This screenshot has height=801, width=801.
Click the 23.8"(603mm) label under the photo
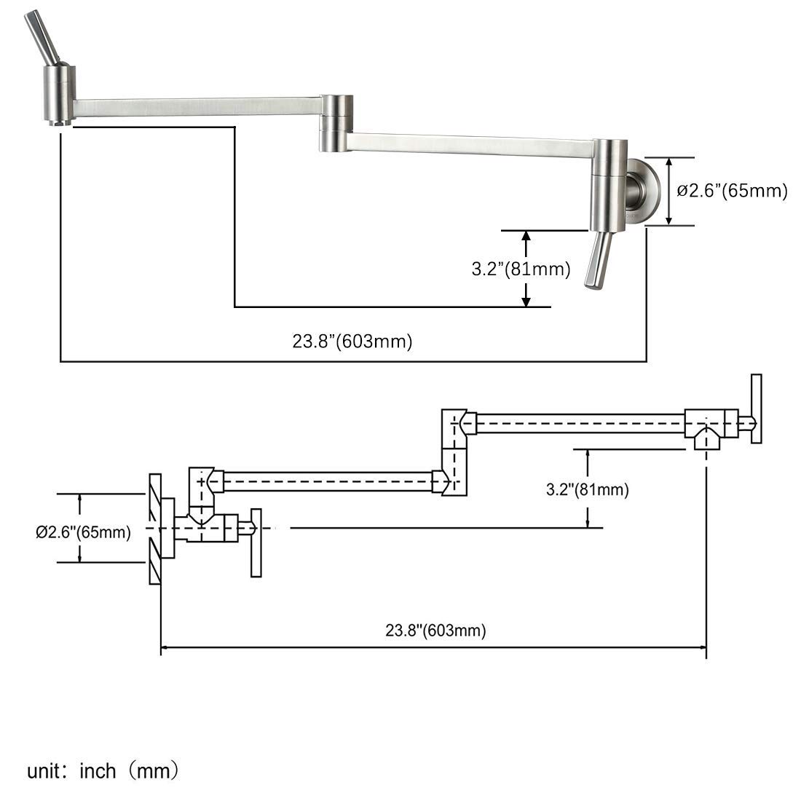pos(352,342)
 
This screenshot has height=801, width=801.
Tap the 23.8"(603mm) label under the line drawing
pos(435,631)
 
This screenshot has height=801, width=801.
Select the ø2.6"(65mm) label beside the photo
pos(732,191)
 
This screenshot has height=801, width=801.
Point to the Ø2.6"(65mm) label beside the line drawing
pos(83,532)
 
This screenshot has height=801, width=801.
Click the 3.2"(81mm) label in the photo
pos(521,269)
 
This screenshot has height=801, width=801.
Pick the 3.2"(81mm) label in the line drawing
pos(588,489)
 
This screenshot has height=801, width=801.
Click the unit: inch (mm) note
pos(103,770)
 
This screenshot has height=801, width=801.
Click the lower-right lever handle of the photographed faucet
pos(599,260)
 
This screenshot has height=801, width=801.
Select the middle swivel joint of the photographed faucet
pos(336,123)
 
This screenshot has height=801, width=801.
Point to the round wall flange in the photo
pos(647,192)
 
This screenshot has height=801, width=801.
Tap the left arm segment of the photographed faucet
pos(197,108)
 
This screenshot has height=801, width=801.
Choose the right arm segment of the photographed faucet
pos(470,144)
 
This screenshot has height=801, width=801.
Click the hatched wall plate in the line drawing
pos(154,528)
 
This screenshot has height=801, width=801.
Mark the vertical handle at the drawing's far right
pos(757,409)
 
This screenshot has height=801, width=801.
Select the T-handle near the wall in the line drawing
pos(256,542)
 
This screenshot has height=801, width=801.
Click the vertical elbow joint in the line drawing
pos(454,452)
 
